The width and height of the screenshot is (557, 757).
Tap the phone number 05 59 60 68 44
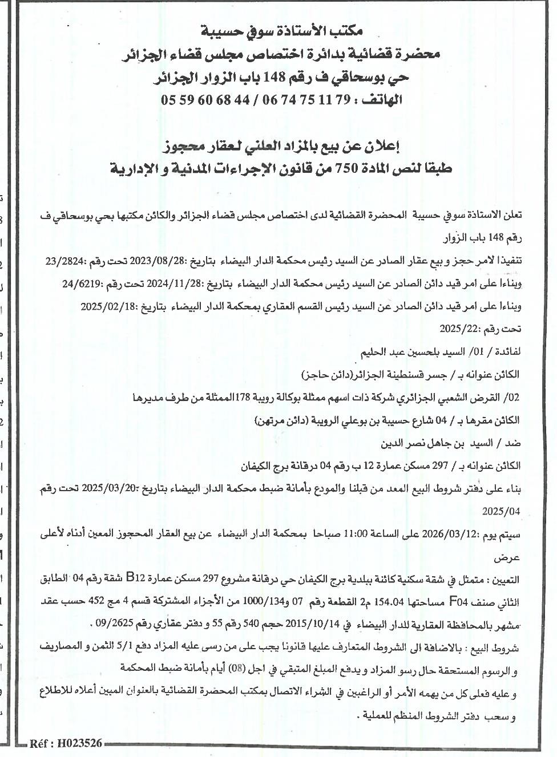(x=206, y=100)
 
